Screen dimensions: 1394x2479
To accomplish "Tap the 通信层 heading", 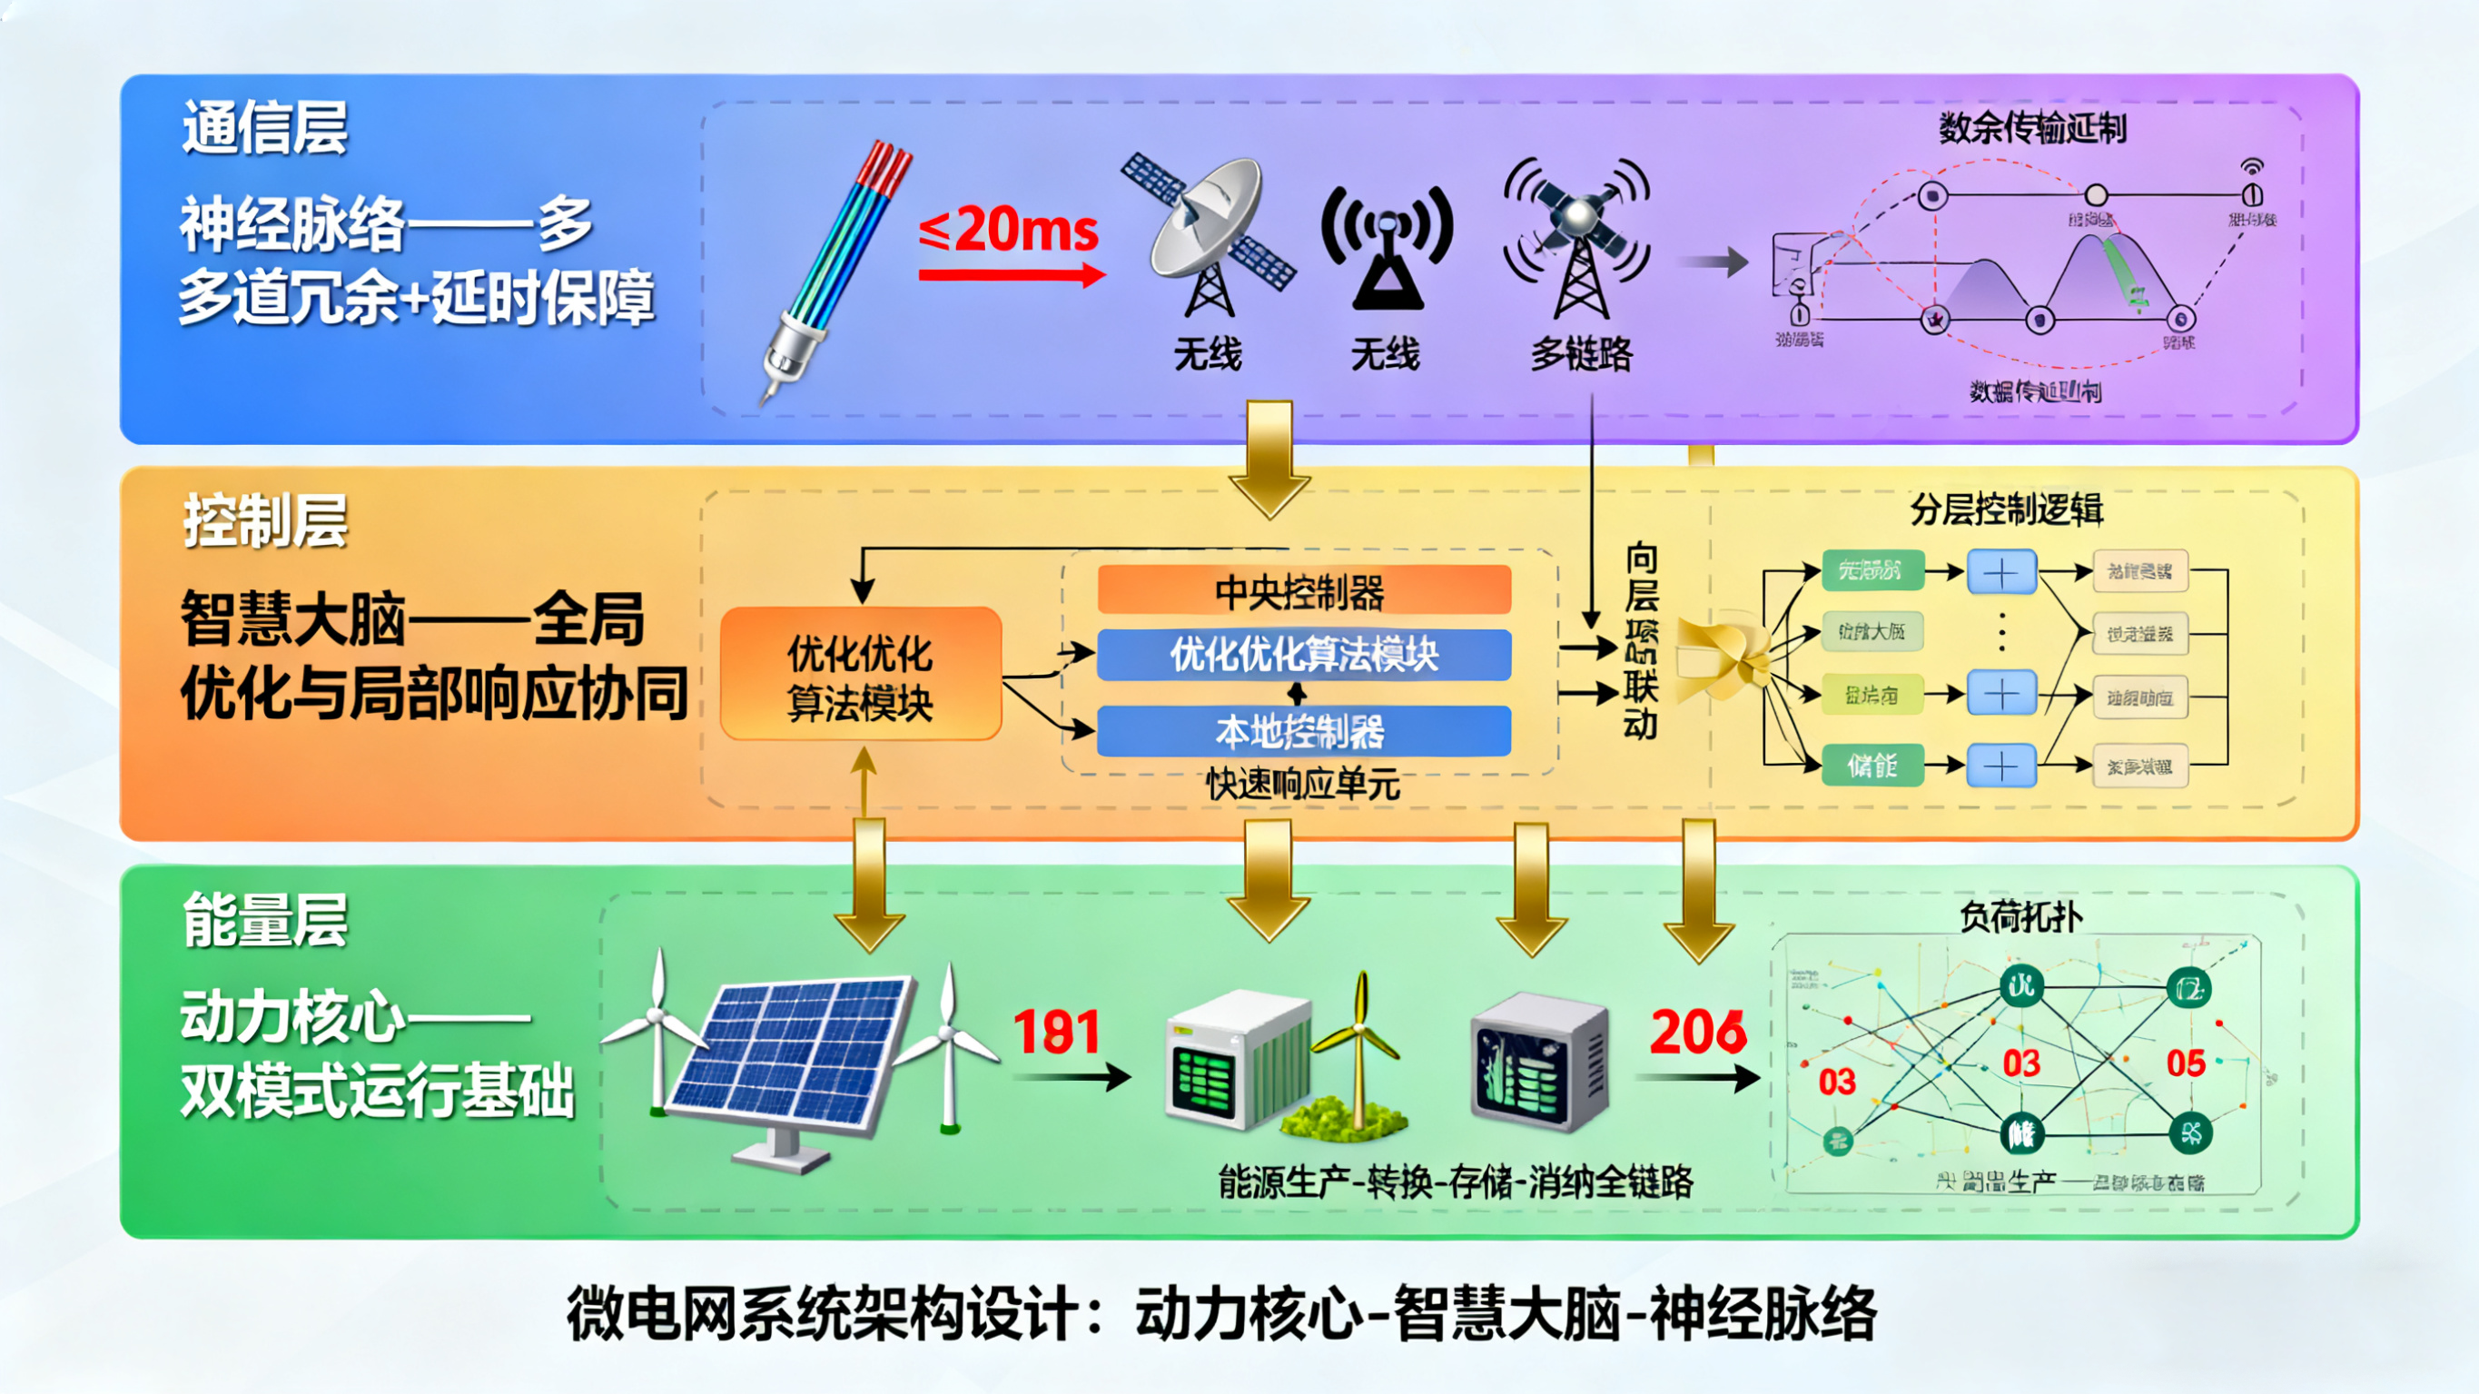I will pos(264,128).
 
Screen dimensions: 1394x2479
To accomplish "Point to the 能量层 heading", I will pos(264,919).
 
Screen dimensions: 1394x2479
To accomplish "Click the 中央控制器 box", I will pos(1303,590).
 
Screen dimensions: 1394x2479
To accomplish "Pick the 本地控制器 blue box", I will pos(1303,732).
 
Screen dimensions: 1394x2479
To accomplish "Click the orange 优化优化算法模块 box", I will pos(860,675).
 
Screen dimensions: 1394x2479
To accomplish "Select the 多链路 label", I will pos(1581,354).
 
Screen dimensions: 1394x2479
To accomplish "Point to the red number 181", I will pos(1057,1032).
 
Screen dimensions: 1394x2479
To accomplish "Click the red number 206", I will pos(1697,1032).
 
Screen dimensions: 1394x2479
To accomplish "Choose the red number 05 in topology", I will pos(2186,1063).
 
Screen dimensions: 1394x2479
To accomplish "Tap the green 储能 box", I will pos(1872,766).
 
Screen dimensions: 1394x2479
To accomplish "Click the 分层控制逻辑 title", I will pos(2006,509).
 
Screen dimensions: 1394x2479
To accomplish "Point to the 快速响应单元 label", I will pos(1303,785).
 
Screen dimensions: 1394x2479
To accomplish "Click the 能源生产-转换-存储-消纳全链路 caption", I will pos(1455,1181).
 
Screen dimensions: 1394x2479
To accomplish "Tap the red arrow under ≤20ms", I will pos(1011,275).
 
